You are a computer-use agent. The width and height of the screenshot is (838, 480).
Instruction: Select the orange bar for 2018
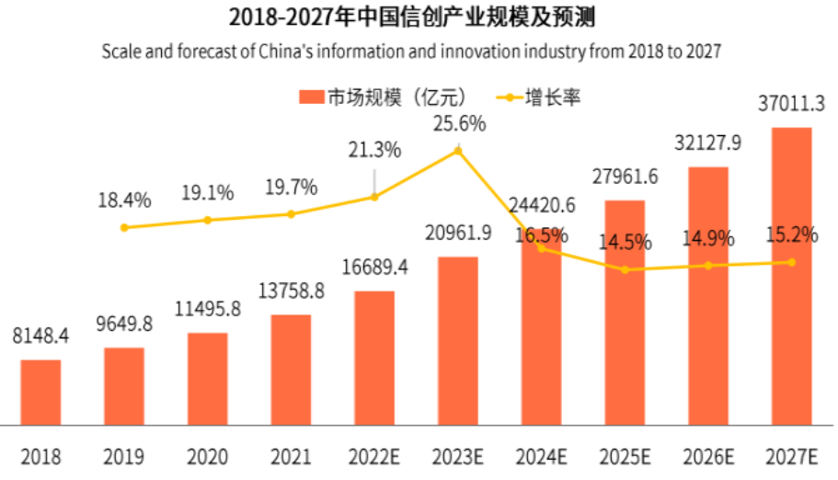tap(40, 392)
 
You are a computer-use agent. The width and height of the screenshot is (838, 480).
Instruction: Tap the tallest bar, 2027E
tap(791, 276)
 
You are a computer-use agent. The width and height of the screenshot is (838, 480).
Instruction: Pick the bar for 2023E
tap(457, 340)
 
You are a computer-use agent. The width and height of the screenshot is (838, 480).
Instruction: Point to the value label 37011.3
tap(791, 104)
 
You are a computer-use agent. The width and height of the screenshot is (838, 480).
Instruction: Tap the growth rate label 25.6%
tap(459, 122)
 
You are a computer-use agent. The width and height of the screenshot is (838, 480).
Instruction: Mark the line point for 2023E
tap(458, 149)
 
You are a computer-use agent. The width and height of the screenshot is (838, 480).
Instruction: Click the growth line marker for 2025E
tap(626, 269)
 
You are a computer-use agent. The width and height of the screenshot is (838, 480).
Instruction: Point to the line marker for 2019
tap(124, 227)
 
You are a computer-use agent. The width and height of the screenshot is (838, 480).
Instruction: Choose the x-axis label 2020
tap(207, 455)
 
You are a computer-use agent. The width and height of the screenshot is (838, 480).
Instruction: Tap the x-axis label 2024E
tap(541, 455)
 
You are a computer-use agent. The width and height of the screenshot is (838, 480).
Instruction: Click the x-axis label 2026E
tap(707, 455)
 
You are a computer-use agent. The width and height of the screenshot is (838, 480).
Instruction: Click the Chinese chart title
tap(418, 17)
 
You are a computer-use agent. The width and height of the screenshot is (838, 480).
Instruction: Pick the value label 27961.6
tap(625, 176)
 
